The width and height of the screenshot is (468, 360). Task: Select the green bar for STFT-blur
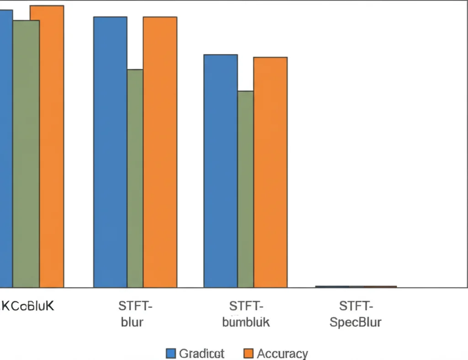[135, 178]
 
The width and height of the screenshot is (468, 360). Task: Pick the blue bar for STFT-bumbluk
[220, 171]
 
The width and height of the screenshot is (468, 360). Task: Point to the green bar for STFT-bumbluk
[245, 189]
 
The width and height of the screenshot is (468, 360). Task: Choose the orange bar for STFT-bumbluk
[270, 172]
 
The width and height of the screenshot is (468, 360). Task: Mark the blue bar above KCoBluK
[6, 148]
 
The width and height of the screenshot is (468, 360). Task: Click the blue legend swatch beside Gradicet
[170, 353]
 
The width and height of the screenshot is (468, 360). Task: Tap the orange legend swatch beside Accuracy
[249, 353]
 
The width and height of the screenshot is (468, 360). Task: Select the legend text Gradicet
[202, 353]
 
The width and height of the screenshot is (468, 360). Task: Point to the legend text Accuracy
[282, 353]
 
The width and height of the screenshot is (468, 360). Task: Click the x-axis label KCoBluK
[27, 306]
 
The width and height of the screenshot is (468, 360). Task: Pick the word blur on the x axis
[132, 322]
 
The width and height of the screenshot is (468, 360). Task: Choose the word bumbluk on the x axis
[246, 322]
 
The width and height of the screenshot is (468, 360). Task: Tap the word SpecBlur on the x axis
[356, 322]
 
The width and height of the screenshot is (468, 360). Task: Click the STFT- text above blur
[135, 306]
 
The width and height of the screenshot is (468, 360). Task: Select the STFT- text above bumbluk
[246, 306]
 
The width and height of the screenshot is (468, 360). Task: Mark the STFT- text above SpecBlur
[356, 306]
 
